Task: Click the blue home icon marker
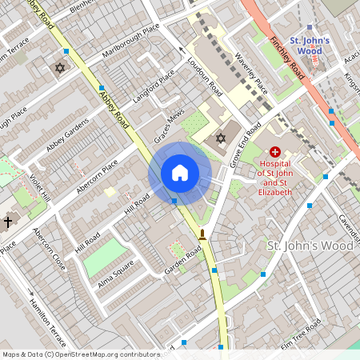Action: click(180, 172)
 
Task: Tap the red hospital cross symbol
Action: click(275, 150)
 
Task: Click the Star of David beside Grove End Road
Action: click(221, 139)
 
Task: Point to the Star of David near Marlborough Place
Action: click(58, 68)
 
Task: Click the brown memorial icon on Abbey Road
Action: click(202, 234)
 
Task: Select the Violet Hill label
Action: click(40, 189)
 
